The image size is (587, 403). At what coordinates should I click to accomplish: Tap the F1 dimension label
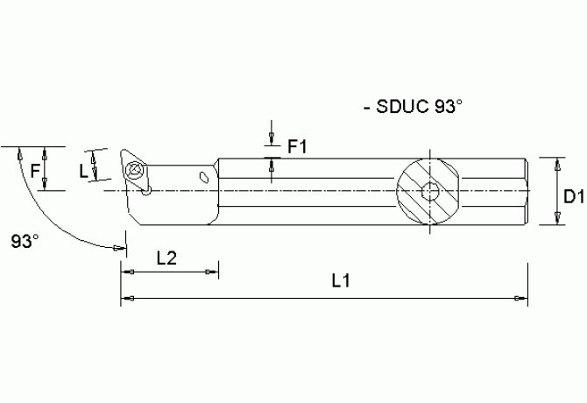click(x=297, y=147)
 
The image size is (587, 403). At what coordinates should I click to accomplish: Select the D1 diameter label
click(x=574, y=198)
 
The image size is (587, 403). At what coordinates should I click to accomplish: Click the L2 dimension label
click(x=166, y=257)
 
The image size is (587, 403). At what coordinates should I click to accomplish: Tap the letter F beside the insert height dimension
click(x=34, y=172)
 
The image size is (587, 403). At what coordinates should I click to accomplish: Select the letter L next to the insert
click(x=84, y=172)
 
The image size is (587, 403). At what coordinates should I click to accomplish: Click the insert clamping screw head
click(x=136, y=171)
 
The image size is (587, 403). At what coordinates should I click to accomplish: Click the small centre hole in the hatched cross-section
click(x=431, y=192)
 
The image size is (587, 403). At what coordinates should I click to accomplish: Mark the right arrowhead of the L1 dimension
click(x=523, y=300)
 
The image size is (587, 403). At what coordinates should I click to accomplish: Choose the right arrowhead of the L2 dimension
click(x=214, y=272)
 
